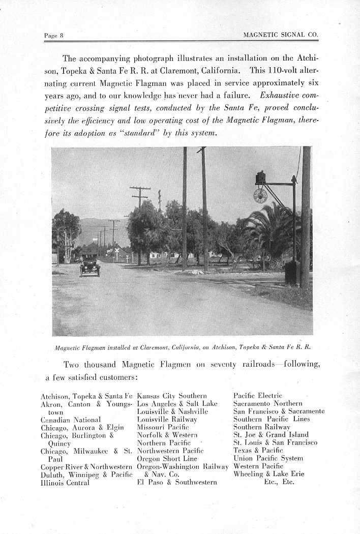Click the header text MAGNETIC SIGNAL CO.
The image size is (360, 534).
(x=281, y=35)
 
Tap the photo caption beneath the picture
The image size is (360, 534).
(x=182, y=347)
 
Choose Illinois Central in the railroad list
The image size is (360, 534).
(x=65, y=483)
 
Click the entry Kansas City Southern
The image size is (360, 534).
(x=172, y=396)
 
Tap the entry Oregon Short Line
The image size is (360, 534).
(x=167, y=459)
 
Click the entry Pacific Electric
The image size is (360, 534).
(x=257, y=396)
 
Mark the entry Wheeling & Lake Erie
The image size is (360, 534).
(x=268, y=474)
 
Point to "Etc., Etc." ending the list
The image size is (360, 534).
(x=279, y=482)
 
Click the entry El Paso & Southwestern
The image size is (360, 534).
(x=177, y=482)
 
